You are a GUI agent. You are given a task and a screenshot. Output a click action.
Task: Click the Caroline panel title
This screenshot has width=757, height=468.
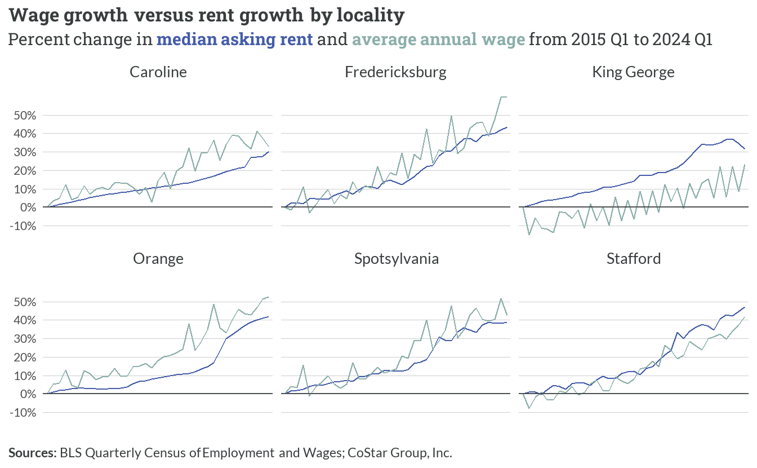point(158,72)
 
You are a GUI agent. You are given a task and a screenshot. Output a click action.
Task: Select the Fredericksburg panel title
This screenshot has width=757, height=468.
point(395,72)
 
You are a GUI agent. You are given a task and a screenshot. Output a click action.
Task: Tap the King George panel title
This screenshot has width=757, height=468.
point(633,72)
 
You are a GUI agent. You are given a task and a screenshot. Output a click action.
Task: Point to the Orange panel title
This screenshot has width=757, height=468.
point(158,259)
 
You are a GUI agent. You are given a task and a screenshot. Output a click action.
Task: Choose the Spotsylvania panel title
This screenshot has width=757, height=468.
point(397,259)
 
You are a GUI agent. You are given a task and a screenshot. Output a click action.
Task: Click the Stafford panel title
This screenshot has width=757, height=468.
point(634,259)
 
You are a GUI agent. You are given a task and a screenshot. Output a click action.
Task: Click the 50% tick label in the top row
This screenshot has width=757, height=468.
point(25,116)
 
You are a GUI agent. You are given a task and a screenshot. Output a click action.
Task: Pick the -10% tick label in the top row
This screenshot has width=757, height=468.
point(23,226)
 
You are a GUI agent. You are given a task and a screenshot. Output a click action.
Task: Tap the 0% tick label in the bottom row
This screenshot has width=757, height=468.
point(28,394)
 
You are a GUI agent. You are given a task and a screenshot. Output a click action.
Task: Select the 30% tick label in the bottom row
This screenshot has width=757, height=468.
point(25,339)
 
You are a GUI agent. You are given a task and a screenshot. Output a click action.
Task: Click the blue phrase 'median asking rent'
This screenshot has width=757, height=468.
point(234,39)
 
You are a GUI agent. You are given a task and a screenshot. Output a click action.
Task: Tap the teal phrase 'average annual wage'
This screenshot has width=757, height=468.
point(439,39)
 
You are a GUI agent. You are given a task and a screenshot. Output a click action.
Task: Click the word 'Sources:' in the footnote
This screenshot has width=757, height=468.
point(33,453)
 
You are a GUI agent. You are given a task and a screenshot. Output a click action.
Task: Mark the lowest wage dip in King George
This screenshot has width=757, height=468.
point(529,235)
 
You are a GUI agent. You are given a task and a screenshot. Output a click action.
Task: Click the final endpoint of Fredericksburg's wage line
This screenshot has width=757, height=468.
point(506,97)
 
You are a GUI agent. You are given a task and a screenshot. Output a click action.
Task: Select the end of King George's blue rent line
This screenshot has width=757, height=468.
point(744,148)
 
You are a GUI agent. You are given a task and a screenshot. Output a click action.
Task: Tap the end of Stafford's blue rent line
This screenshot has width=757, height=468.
point(745,307)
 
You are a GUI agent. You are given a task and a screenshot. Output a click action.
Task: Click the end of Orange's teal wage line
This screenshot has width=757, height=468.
point(269,297)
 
